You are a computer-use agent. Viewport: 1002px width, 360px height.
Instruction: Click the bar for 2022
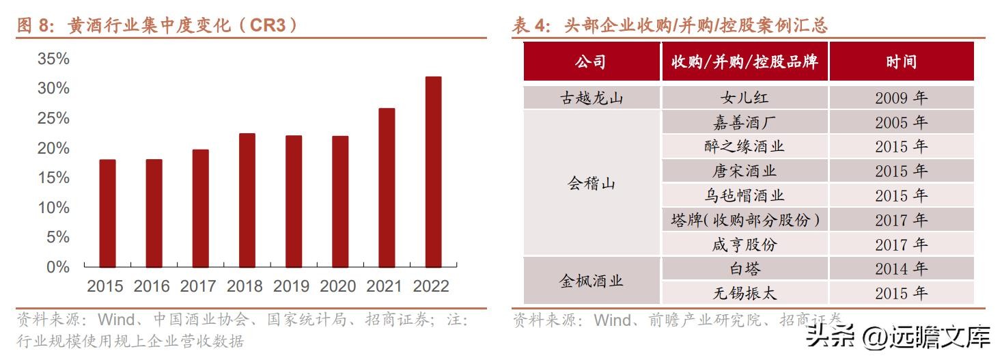[x=433, y=171]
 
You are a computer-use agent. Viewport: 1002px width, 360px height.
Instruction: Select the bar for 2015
[x=107, y=213]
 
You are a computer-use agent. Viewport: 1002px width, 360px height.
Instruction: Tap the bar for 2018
[x=247, y=200]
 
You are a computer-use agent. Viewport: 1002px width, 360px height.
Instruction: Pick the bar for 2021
[x=387, y=187]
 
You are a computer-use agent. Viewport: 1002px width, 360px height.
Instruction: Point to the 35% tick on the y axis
[x=53, y=59]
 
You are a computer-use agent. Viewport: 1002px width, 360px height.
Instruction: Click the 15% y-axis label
[x=53, y=178]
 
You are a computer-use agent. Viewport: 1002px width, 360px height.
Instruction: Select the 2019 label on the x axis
[x=292, y=286]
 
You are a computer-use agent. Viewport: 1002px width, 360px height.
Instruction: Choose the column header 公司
[x=591, y=62]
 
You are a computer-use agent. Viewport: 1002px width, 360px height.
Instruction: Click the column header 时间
[x=901, y=62]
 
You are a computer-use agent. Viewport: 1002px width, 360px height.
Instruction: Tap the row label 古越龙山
[x=592, y=98]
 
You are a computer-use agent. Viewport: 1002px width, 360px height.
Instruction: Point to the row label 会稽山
[x=592, y=183]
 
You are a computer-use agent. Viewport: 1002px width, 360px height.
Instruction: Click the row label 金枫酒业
[x=592, y=281]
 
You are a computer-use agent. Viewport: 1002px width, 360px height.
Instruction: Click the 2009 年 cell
[x=901, y=98]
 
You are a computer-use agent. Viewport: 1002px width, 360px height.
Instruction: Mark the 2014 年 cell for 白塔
[x=901, y=268]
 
